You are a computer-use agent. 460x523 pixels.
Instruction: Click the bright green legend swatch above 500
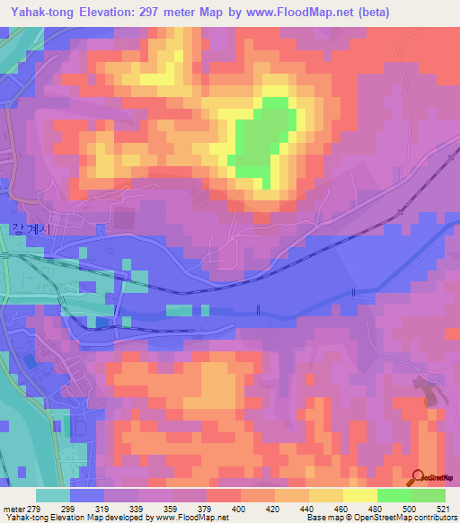(x=394, y=495)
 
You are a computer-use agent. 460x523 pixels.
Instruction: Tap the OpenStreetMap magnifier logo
(x=416, y=477)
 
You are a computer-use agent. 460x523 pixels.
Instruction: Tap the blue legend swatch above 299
(x=86, y=495)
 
